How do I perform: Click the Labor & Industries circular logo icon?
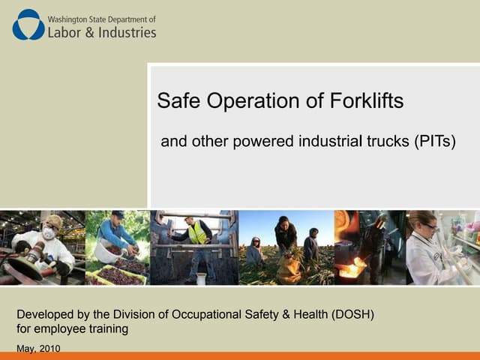coord(28,24)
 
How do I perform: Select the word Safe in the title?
coord(175,101)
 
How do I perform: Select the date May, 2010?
coord(38,349)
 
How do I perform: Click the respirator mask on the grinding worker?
coord(49,233)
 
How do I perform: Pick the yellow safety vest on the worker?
coord(197,234)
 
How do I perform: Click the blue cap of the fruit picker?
coord(117,214)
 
